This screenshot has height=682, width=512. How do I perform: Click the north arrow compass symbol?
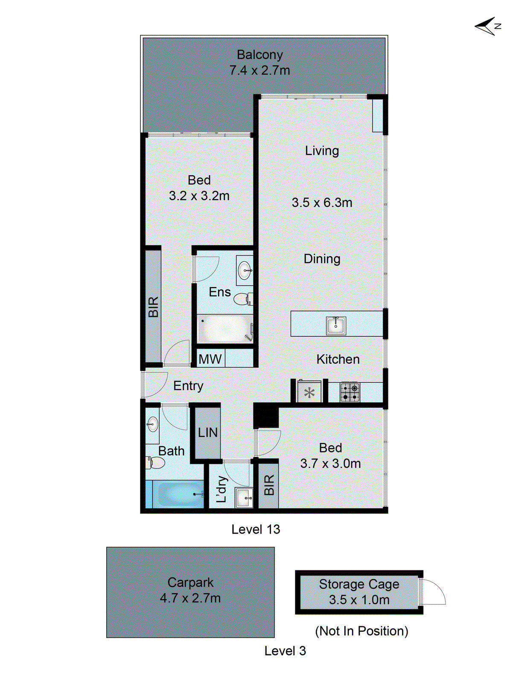point(487,26)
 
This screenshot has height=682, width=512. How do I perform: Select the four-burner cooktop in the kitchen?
point(350,392)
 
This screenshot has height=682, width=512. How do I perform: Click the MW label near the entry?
point(210,359)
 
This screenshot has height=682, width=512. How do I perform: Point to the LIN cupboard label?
point(208,433)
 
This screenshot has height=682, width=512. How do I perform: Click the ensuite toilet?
point(243,298)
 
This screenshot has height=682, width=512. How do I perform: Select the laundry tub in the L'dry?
point(244,497)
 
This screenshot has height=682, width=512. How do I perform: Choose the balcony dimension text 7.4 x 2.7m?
point(259,70)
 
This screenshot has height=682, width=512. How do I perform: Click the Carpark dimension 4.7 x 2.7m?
point(190,598)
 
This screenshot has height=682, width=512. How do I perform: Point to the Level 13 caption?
point(256,529)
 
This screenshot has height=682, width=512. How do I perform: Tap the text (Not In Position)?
point(361,631)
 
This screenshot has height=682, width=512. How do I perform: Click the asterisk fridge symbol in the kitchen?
point(309,393)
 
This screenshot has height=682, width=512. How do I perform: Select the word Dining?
point(322,259)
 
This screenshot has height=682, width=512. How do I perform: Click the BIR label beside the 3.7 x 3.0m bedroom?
point(269,485)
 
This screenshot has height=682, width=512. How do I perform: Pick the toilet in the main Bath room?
point(156,462)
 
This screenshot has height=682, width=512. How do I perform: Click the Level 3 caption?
point(285,651)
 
